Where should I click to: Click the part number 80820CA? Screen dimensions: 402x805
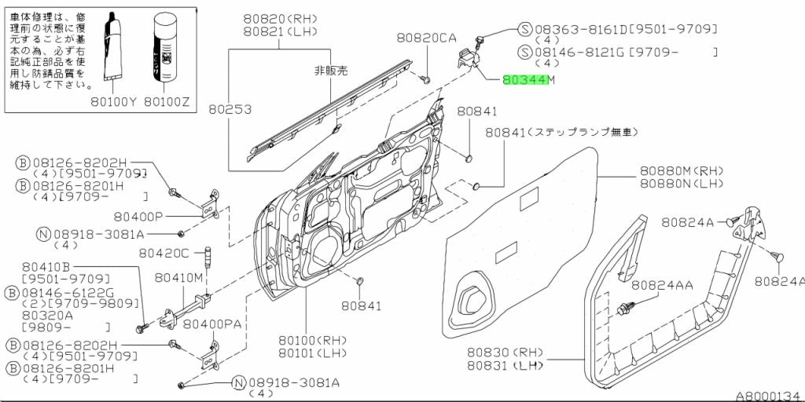pyautogui.click(x=426, y=37)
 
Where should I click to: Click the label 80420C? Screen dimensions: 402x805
pyautogui.click(x=164, y=253)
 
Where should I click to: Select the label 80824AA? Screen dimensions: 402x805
pyautogui.click(x=662, y=285)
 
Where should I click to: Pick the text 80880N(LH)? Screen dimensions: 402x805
pyautogui.click(x=681, y=183)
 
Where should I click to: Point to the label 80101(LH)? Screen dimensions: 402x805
pyautogui.click(x=312, y=353)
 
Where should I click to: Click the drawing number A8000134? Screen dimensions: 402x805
pyautogui.click(x=766, y=396)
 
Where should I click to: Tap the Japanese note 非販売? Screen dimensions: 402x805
pyautogui.click(x=330, y=71)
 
